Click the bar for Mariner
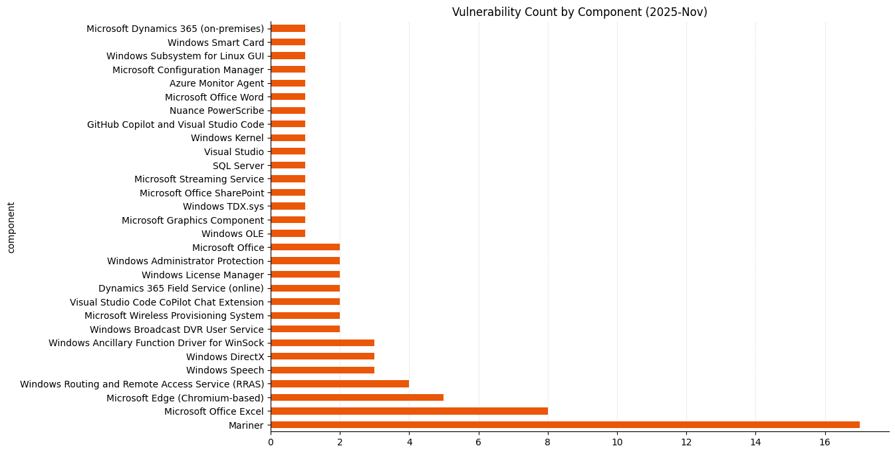tap(565, 425)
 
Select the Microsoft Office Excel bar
tap(409, 411)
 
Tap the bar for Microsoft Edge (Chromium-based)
tap(357, 397)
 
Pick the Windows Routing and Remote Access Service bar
tap(340, 383)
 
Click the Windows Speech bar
tap(322, 370)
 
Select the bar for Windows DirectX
tap(322, 356)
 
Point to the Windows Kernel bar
tap(288, 138)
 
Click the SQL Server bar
tap(288, 165)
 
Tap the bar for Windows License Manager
tap(305, 274)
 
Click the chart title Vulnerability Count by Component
tap(579, 12)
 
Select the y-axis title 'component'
tap(11, 227)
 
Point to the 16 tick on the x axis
tap(825, 442)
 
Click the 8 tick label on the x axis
tap(548, 442)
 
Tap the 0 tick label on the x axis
tap(271, 442)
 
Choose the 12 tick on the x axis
tap(686, 442)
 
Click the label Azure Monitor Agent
tap(216, 83)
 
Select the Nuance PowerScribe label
tap(216, 111)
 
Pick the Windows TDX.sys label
tap(223, 206)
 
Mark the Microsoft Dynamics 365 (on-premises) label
tap(175, 29)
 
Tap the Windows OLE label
tap(232, 234)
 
